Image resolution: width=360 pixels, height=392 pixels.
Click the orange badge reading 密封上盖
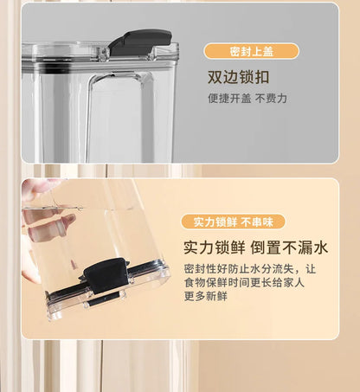pyautogui.click(x=251, y=51)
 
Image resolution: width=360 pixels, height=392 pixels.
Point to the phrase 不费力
pyautogui.click(x=271, y=99)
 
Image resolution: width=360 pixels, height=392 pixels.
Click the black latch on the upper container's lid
pyautogui.click(x=139, y=40)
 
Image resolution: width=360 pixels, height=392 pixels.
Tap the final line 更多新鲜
pyautogui.click(x=205, y=296)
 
